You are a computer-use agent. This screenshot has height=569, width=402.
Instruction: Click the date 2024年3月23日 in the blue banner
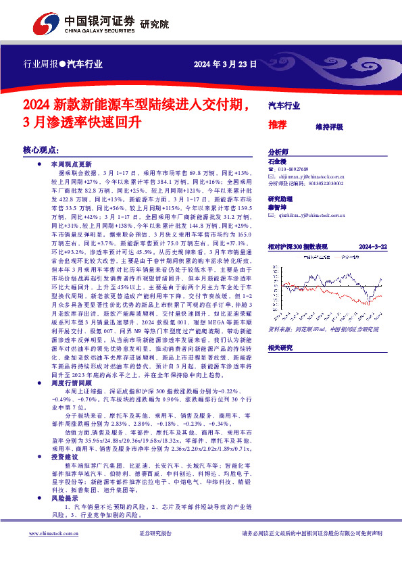pos(225,66)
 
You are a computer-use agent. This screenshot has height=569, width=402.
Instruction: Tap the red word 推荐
pos(278,126)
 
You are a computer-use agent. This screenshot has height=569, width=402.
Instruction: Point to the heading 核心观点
pos(41,150)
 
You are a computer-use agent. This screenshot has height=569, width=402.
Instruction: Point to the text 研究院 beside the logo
pos(154,25)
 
